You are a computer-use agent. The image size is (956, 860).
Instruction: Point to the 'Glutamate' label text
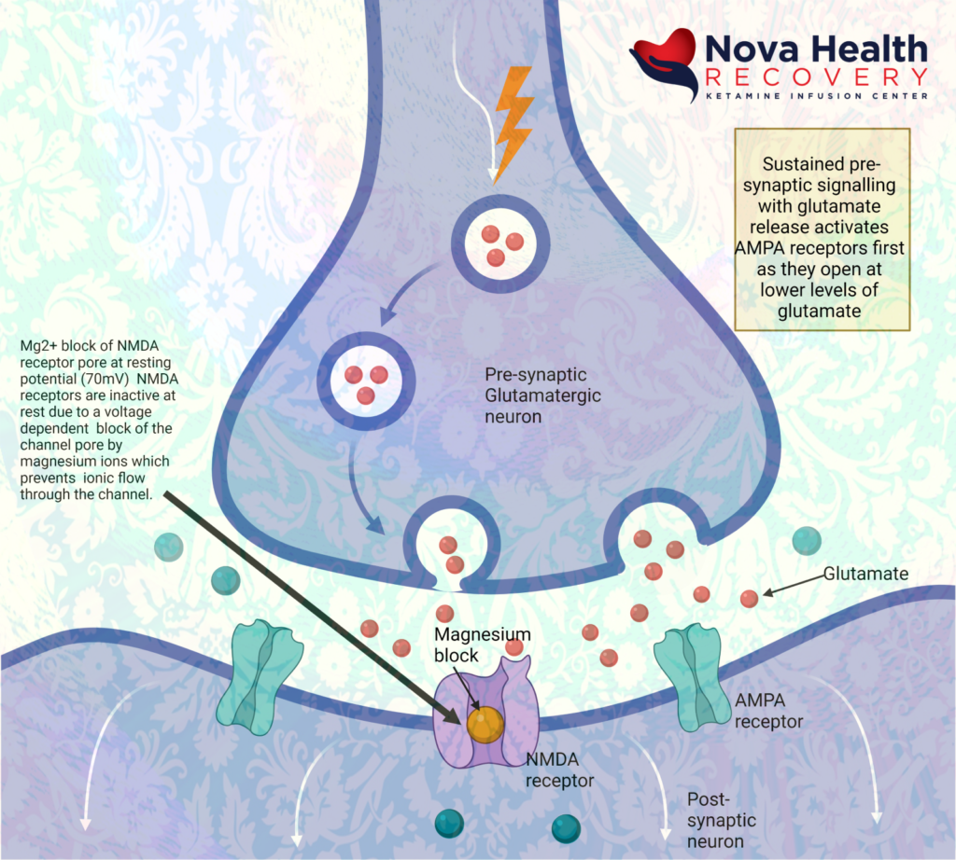pos(865,575)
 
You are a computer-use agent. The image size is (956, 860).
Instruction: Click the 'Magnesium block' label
pos(482,645)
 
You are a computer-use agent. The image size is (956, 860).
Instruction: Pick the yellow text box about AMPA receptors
pos(822,229)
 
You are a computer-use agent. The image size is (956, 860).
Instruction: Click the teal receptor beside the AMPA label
pos(692,675)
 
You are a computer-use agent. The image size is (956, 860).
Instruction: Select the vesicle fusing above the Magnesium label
pos(451,552)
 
